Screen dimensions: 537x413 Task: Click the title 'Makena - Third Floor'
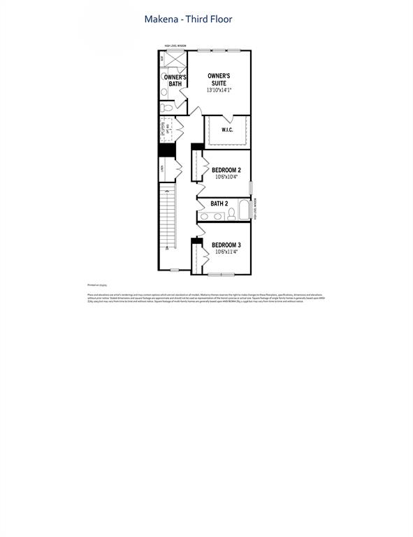click(x=188, y=20)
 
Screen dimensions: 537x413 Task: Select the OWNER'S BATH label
click(x=175, y=80)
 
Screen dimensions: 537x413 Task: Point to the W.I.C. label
click(x=227, y=129)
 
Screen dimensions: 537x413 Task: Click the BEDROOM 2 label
click(x=226, y=170)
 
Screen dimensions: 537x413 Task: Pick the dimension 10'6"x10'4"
click(x=226, y=178)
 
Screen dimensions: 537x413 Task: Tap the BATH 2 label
click(x=220, y=203)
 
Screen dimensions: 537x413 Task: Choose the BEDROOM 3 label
click(x=226, y=244)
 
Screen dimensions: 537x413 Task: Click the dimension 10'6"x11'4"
click(x=226, y=252)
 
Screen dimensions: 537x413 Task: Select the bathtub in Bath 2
click(x=243, y=210)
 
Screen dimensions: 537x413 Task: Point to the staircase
click(x=167, y=217)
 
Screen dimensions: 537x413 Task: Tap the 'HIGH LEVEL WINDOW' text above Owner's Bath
click(x=175, y=45)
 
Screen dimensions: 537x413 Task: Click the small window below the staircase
click(x=175, y=270)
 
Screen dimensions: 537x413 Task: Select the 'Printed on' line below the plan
click(x=96, y=285)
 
